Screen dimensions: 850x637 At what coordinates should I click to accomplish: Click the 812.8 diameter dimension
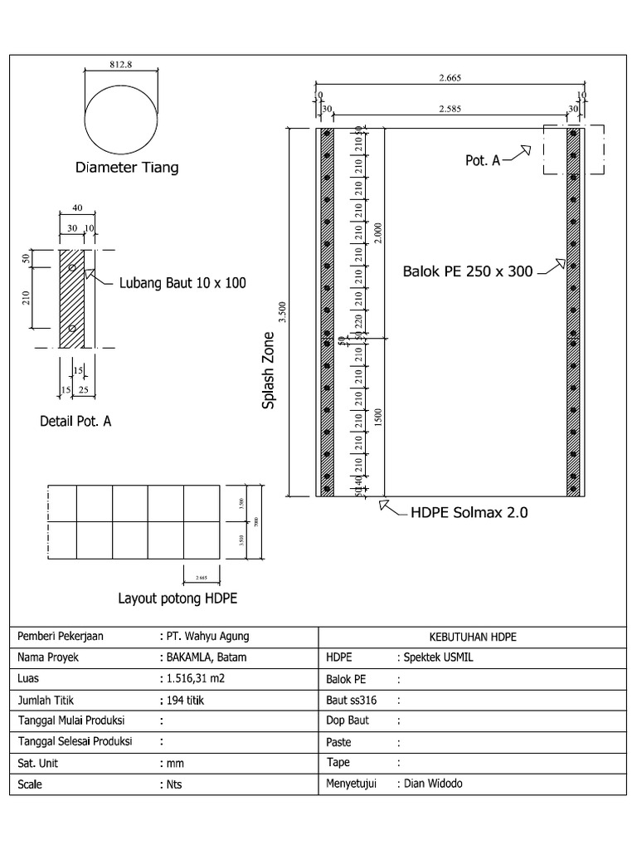[x=122, y=63]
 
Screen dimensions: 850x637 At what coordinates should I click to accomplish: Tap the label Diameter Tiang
[x=127, y=168]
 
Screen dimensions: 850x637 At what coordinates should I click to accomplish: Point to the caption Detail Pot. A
[x=75, y=422]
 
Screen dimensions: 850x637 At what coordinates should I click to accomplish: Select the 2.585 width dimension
[x=450, y=108]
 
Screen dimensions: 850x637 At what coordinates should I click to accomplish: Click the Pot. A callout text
[x=482, y=160]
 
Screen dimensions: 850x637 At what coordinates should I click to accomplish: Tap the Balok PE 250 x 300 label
[x=468, y=271]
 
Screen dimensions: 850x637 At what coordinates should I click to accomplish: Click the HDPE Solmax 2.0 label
[x=469, y=513]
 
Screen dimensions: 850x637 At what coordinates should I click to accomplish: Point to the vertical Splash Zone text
[x=268, y=369]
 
